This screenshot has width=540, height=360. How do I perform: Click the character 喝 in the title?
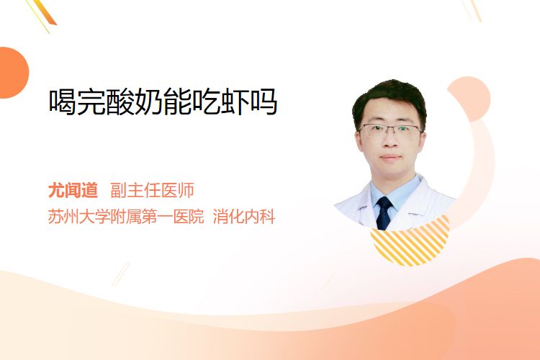(63, 102)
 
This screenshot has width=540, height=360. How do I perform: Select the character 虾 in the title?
(234, 102)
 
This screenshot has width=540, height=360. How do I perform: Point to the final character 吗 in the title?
(264, 102)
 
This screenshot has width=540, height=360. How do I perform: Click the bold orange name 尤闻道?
(73, 190)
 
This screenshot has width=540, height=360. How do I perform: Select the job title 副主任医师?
(152, 190)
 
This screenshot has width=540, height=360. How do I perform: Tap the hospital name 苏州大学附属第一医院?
(126, 217)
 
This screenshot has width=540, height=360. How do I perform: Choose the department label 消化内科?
(244, 217)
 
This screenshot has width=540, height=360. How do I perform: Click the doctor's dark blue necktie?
(384, 213)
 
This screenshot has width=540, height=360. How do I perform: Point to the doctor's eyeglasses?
(390, 130)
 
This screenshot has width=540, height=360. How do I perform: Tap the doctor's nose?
(390, 140)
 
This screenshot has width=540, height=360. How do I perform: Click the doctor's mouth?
(391, 158)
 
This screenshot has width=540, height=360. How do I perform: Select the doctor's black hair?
(389, 98)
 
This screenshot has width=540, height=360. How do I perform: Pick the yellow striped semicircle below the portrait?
(410, 243)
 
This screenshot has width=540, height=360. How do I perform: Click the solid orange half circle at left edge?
(13, 73)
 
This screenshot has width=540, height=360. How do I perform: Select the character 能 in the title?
(177, 102)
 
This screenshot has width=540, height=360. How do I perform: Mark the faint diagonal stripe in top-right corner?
(473, 10)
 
